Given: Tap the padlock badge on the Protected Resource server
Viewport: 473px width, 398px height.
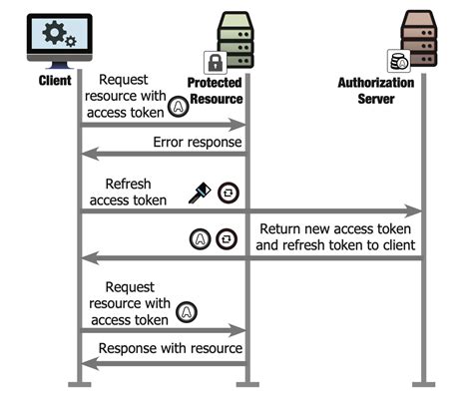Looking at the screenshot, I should (215, 62).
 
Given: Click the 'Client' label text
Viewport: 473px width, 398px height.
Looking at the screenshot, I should (56, 80).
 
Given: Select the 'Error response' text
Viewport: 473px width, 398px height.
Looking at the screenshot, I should (197, 143).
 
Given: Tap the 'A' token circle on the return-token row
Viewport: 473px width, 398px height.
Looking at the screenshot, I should (199, 239).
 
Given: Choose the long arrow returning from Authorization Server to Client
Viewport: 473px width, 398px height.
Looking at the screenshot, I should (249, 258).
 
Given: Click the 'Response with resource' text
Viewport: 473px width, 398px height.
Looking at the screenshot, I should (169, 348).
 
